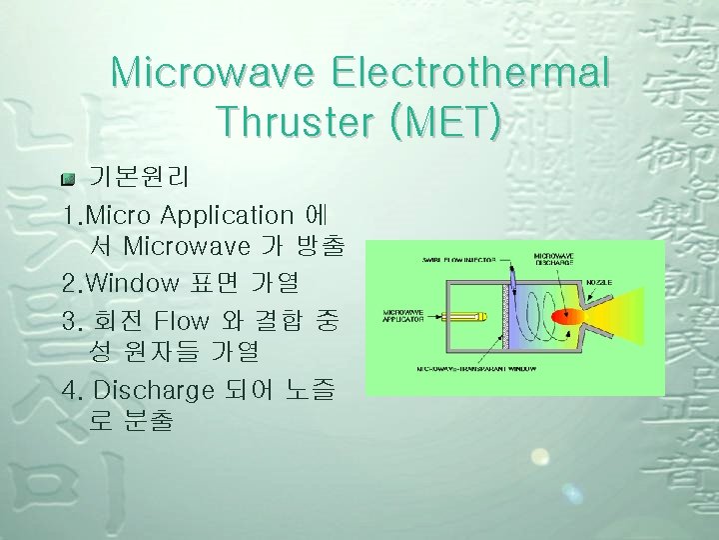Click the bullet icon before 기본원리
[x=68, y=179]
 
